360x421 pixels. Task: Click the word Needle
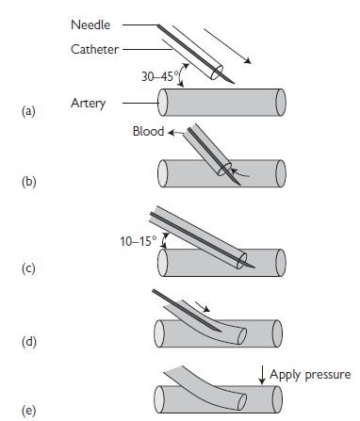click(x=90, y=25)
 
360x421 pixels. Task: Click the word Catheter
click(x=94, y=49)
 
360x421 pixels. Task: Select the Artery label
click(x=89, y=104)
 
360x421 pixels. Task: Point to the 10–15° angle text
click(x=139, y=241)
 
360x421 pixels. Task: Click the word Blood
click(x=148, y=131)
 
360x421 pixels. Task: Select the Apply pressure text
click(x=310, y=375)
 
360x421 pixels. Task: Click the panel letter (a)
click(x=28, y=111)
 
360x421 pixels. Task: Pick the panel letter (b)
click(x=28, y=182)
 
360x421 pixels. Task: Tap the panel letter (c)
click(x=28, y=269)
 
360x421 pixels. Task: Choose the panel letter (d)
click(x=29, y=342)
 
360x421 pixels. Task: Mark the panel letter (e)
click(x=28, y=411)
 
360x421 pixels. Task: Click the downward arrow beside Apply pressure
click(x=263, y=375)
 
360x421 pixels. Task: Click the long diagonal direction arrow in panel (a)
click(x=227, y=46)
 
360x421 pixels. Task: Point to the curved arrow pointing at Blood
click(x=176, y=133)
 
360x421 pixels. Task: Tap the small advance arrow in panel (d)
click(x=203, y=307)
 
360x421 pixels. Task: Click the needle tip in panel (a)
click(x=234, y=83)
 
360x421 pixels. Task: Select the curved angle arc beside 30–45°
click(x=182, y=74)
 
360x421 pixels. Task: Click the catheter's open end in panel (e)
click(x=242, y=402)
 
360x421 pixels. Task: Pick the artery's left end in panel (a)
click(x=162, y=103)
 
